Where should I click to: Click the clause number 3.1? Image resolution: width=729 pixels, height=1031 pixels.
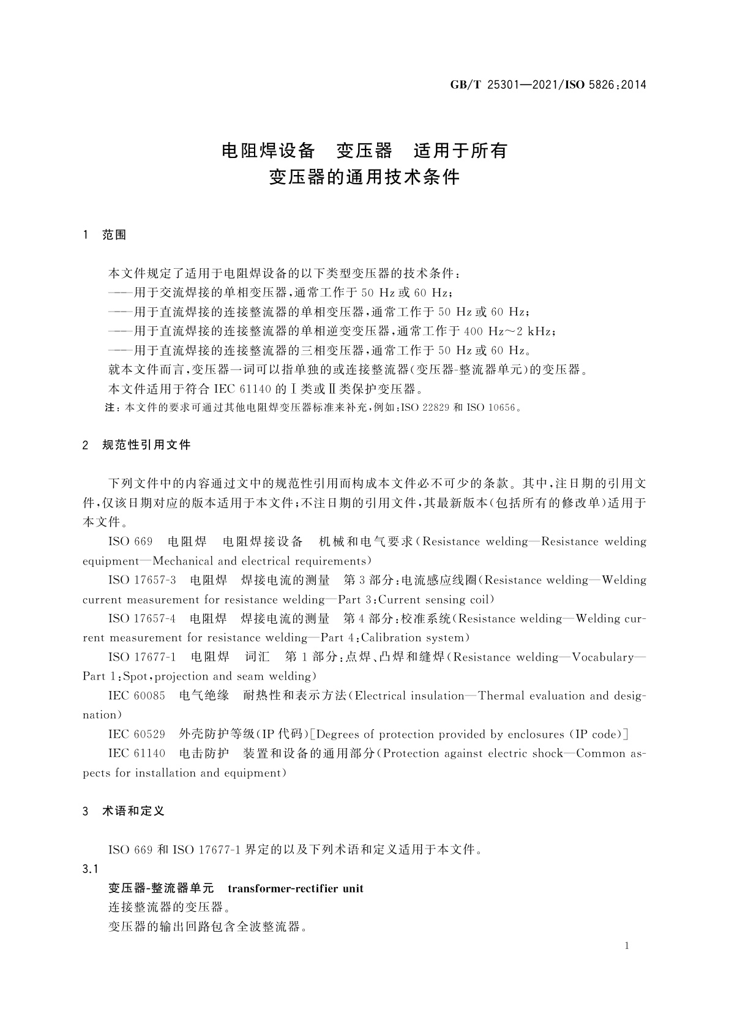(90, 869)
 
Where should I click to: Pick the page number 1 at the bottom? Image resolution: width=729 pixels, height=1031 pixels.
(626, 946)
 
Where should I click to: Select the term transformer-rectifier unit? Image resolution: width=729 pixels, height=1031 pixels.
(295, 888)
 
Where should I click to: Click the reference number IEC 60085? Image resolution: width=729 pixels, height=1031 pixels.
(136, 695)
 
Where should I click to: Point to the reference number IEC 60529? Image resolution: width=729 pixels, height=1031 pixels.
(136, 734)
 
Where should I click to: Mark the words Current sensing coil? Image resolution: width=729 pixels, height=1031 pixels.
(435, 599)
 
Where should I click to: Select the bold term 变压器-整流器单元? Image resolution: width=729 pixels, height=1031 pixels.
(161, 888)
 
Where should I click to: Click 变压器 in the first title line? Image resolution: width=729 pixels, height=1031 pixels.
(364, 150)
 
